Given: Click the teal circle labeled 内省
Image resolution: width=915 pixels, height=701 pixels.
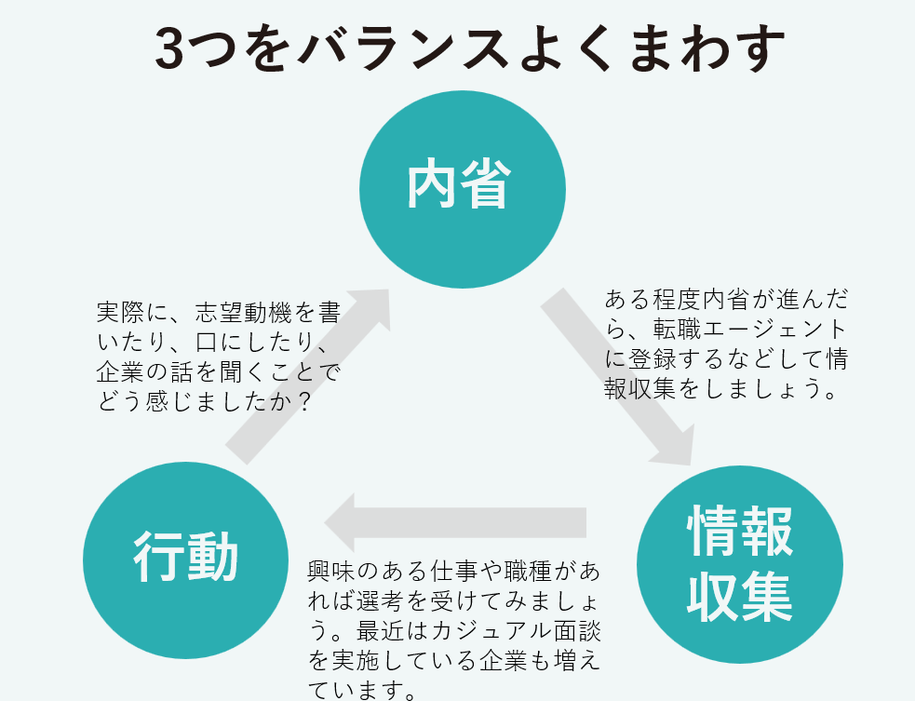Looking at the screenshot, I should [x=462, y=189].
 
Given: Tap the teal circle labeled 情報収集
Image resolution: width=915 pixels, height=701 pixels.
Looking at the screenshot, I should [x=740, y=561].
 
